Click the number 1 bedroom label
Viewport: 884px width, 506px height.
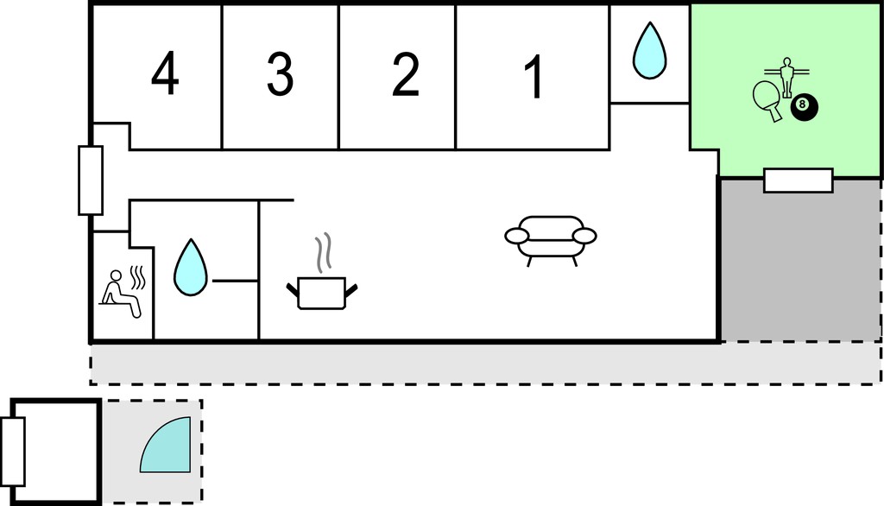534,77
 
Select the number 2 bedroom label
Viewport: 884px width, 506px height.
406,74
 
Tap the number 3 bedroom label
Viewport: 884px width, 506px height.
281,74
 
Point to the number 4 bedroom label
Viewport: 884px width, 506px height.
165,73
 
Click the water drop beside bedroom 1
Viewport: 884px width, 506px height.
649,50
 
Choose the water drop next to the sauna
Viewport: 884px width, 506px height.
191,268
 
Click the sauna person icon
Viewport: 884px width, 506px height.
121,294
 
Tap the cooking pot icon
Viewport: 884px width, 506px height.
321,293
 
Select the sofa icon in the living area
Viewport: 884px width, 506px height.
550,241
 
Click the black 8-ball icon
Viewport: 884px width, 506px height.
804,106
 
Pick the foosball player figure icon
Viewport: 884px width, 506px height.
786,77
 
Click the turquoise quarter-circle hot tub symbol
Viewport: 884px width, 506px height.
165,445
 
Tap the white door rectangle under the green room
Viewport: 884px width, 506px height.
799,180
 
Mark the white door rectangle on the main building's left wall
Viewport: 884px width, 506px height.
90,180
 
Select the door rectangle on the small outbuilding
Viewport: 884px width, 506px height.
12,452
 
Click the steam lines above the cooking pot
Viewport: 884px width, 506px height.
323,253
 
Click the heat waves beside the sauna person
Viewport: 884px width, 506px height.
138,277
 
